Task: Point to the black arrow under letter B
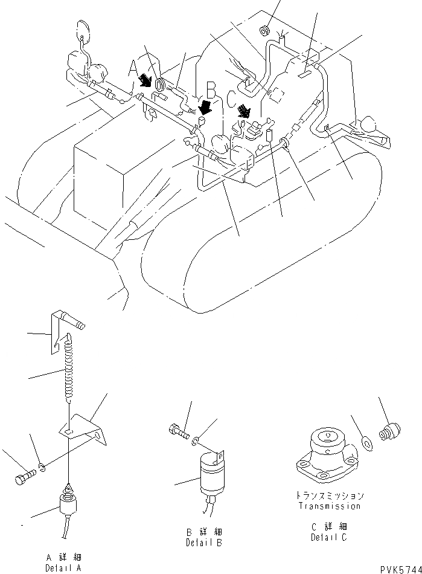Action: (x=206, y=108)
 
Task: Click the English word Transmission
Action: (x=329, y=506)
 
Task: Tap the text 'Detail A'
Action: (x=63, y=569)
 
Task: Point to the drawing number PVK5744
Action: (x=400, y=569)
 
